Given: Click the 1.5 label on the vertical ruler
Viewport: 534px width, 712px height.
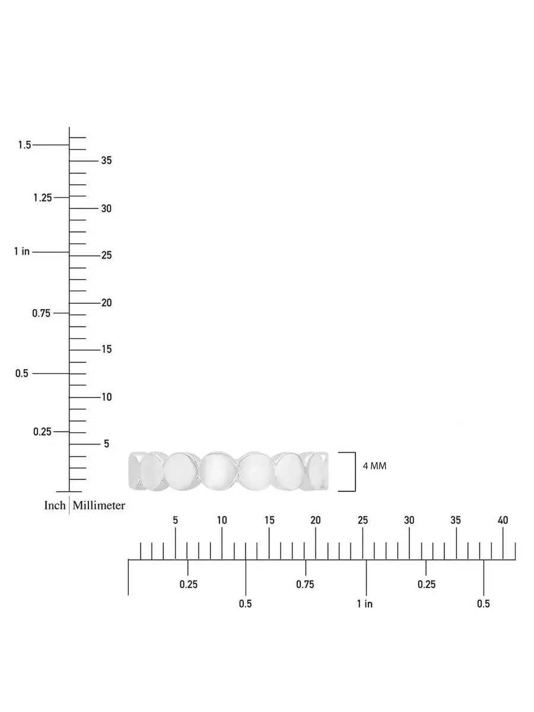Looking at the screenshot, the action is (24, 145).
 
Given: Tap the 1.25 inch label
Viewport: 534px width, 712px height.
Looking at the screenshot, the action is (43, 198).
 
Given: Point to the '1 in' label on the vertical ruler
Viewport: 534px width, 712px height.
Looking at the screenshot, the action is (22, 252).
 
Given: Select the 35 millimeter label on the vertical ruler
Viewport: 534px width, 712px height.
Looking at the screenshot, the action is (106, 160).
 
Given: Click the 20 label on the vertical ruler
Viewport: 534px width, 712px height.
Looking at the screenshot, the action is (106, 303).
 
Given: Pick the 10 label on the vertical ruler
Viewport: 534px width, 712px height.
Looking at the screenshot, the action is (106, 397).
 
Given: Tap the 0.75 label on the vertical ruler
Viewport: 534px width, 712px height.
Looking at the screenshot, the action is (42, 313).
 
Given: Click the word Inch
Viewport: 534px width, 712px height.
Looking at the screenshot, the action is (55, 506).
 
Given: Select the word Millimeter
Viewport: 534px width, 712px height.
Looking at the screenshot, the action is (99, 506).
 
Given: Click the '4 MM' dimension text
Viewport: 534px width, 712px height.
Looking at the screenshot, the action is (374, 466).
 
